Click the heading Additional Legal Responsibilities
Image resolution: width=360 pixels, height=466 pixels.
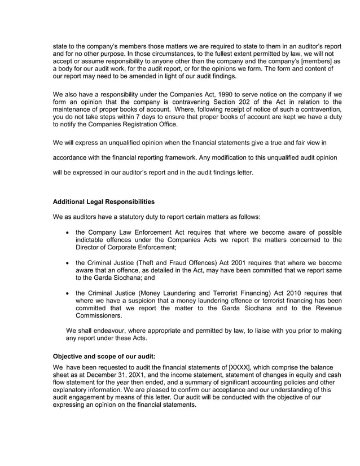coord(103,201)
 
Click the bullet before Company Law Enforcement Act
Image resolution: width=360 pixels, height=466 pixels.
coord(68,232)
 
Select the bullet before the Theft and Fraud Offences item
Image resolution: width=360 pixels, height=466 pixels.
coord(68,262)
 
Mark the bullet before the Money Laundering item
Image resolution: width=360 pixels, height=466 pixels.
coord(68,293)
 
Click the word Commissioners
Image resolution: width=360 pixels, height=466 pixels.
coord(100,316)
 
